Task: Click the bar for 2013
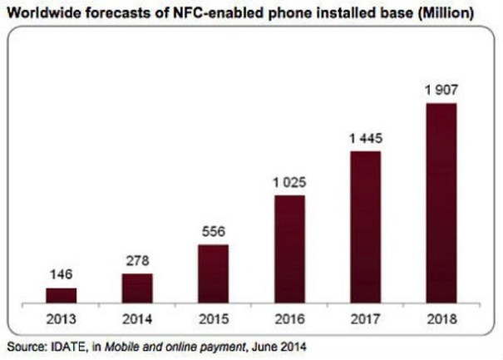click(61, 294)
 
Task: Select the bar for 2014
click(137, 287)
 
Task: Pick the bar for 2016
click(289, 249)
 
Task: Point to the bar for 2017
click(366, 226)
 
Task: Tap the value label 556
click(214, 233)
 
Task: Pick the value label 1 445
click(366, 139)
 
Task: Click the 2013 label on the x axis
click(61, 318)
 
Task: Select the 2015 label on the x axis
click(214, 318)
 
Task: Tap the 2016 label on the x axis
click(289, 318)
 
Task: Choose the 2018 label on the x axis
click(441, 318)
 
